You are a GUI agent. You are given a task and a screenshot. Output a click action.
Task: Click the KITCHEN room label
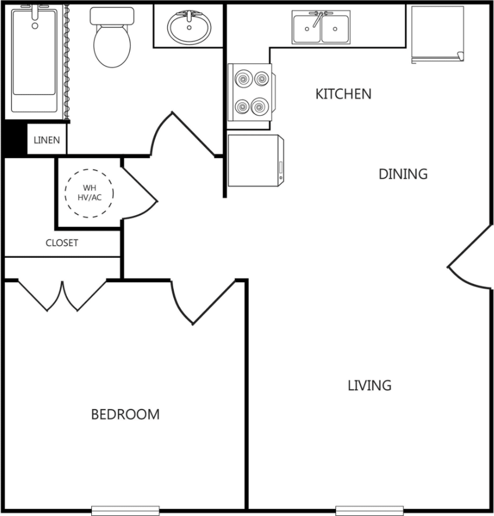point(343,94)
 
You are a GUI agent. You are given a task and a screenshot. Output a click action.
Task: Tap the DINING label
point(403,174)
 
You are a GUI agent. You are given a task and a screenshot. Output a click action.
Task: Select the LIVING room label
point(369,385)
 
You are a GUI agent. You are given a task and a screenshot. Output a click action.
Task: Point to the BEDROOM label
point(125,414)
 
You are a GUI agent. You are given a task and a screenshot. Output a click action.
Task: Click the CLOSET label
point(62,243)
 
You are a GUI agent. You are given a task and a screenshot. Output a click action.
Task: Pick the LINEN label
point(46,140)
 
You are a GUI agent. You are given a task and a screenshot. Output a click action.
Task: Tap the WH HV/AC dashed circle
point(89,193)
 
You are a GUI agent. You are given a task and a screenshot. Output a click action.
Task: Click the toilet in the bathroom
point(112,38)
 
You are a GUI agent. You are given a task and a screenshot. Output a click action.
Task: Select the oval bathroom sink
point(189,27)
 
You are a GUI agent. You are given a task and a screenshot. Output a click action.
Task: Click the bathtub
point(35,58)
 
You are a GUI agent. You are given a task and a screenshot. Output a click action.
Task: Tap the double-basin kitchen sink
point(321,28)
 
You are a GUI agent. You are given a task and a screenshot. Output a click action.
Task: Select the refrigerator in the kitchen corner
point(437,34)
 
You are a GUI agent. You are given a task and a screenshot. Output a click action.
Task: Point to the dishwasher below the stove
point(255,161)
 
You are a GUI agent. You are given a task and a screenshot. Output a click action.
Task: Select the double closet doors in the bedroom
point(63,294)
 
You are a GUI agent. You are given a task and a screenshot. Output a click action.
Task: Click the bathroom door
point(180,137)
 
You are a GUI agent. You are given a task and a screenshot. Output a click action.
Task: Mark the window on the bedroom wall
point(125,510)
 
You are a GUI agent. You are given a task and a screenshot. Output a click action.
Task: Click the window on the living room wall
point(369,510)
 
